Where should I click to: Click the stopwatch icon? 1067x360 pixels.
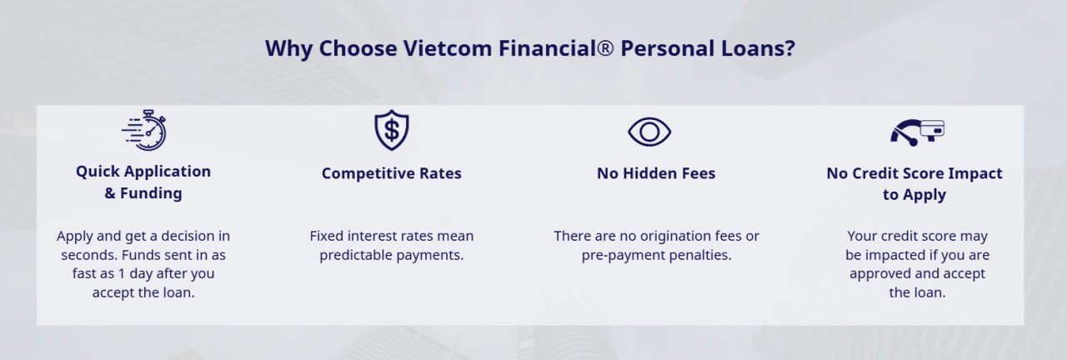(144, 130)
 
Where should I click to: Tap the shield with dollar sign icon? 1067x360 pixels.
(392, 130)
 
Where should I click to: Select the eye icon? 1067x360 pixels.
(649, 132)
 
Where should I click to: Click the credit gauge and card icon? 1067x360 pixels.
(917, 132)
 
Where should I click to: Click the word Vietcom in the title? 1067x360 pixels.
(448, 48)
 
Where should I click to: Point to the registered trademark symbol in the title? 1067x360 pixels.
(604, 48)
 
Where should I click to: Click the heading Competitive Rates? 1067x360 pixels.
(392, 173)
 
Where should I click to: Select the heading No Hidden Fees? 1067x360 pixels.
(656, 173)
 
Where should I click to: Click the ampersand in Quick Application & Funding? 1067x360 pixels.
(109, 193)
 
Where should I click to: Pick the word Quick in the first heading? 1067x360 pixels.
(95, 172)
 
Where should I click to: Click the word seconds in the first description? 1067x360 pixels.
(89, 255)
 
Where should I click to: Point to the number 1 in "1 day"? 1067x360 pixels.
(122, 274)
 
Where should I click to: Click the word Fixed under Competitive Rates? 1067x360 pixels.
(327, 236)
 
